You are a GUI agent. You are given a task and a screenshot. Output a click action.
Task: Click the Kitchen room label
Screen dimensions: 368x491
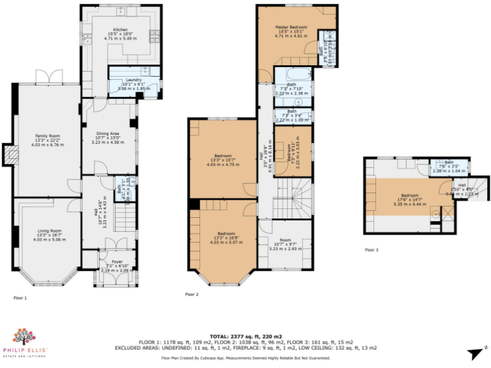point(121,29)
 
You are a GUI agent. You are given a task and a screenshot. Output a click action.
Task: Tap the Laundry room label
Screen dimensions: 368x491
point(134,80)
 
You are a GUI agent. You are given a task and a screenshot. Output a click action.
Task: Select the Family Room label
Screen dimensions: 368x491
point(47,135)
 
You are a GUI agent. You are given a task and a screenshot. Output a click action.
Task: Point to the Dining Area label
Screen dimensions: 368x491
point(107,129)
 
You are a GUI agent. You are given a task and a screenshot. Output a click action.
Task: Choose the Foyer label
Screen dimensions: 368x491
point(116,261)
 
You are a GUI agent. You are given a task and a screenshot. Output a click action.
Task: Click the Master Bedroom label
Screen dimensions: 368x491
point(291,27)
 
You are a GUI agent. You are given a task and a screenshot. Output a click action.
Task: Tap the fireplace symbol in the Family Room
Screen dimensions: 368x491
point(10,153)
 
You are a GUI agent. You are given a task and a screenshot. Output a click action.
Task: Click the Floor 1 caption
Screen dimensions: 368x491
point(20,298)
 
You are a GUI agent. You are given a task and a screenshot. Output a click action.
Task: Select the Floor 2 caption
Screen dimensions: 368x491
point(192,295)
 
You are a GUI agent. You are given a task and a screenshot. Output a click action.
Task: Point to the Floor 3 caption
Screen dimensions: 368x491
point(371,250)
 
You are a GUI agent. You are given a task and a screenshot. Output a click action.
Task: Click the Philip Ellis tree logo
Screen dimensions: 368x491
point(24,337)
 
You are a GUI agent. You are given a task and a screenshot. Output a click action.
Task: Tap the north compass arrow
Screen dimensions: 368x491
point(475,353)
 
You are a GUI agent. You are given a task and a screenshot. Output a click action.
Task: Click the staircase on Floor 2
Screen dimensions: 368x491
point(292,197)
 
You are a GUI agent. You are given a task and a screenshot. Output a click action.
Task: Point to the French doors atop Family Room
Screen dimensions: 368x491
point(47,77)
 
